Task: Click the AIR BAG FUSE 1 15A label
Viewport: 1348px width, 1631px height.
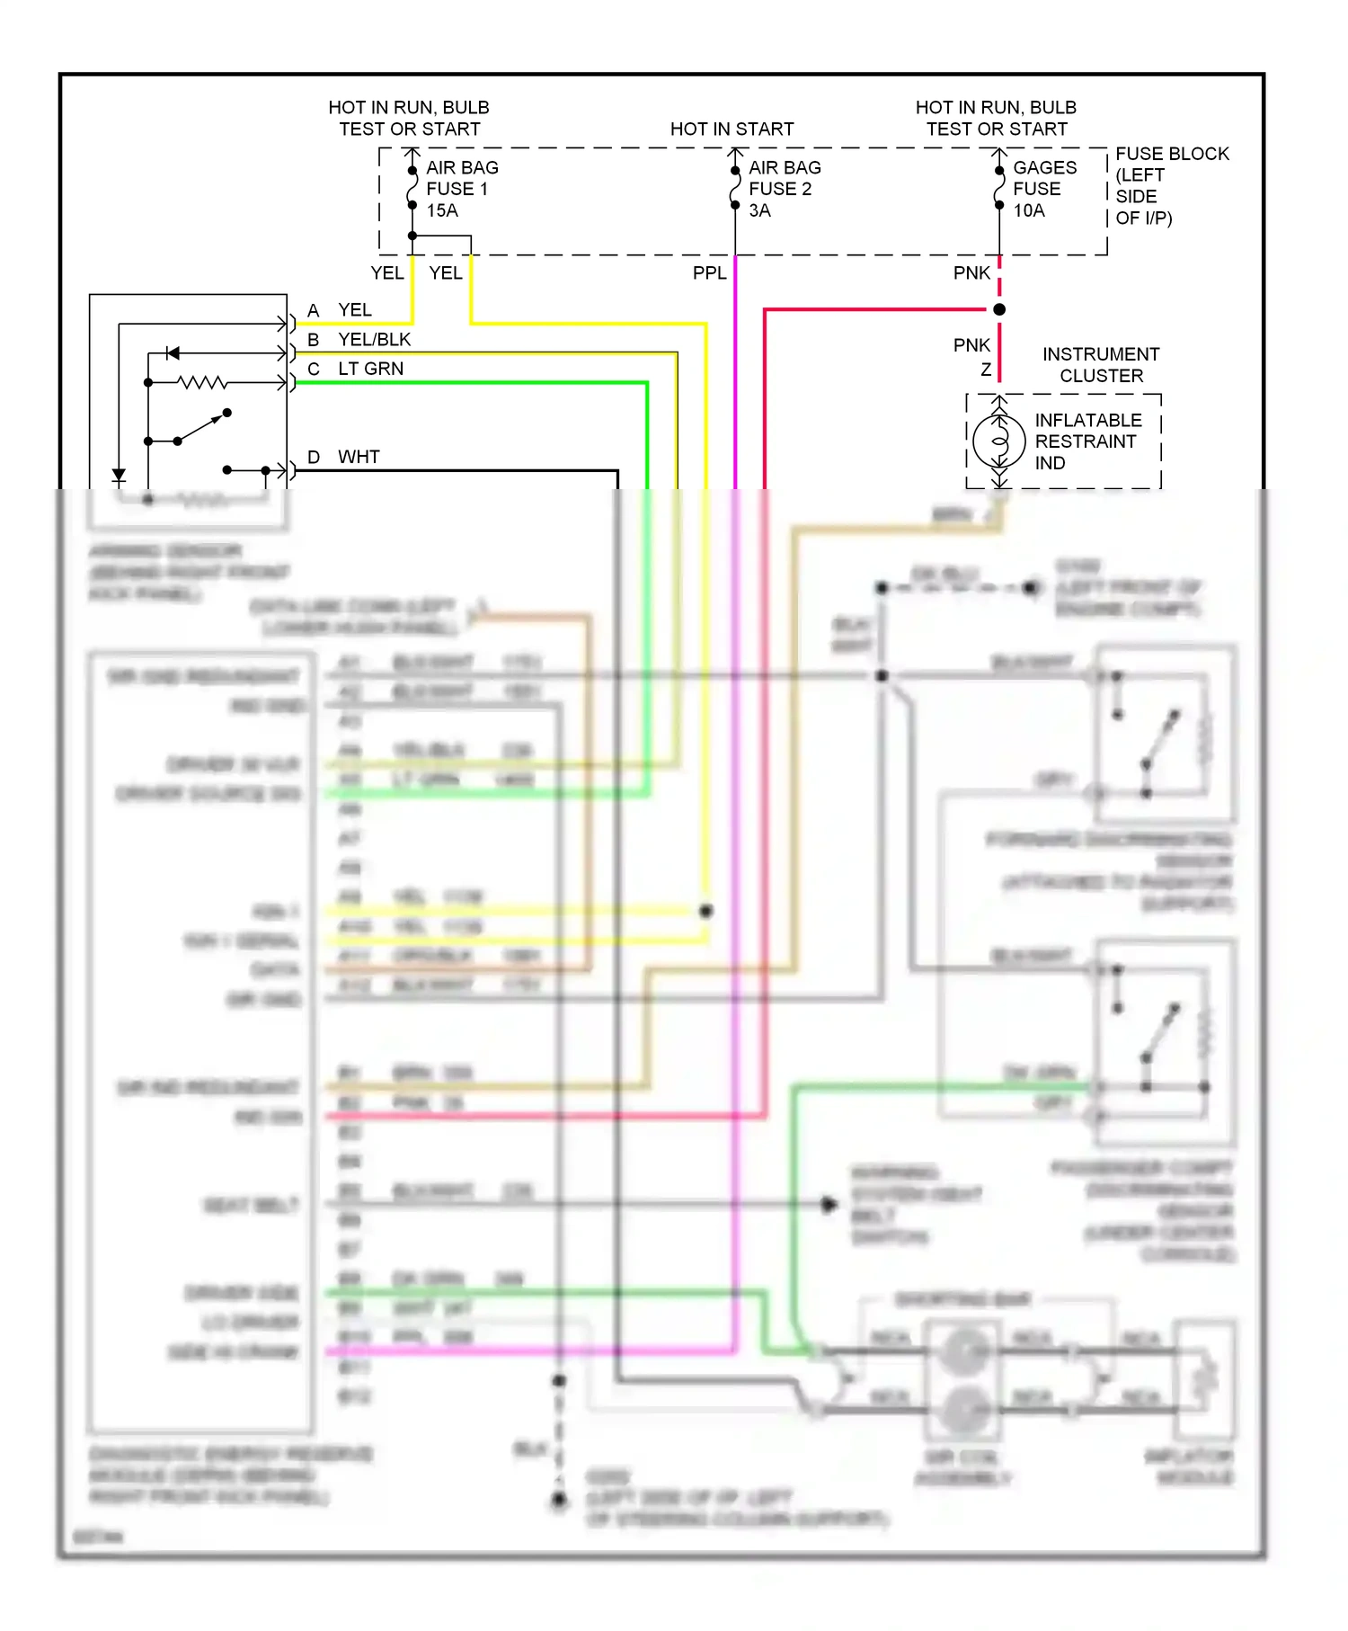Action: click(461, 189)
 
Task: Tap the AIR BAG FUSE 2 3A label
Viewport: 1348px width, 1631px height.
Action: click(784, 189)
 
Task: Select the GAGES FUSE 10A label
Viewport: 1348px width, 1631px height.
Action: click(1043, 189)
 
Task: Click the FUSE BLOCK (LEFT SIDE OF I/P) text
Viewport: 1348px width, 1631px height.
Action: click(1170, 186)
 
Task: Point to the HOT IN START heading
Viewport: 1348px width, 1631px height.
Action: click(732, 129)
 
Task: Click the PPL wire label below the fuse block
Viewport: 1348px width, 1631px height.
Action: click(709, 273)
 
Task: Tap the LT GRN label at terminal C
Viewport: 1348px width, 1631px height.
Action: click(370, 369)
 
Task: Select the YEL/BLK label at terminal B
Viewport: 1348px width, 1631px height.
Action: click(374, 339)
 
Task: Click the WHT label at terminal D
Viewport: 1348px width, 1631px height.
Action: click(359, 457)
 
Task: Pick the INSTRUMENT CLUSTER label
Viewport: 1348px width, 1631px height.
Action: click(1101, 365)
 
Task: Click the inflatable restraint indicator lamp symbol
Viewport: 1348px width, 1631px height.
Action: click(998, 441)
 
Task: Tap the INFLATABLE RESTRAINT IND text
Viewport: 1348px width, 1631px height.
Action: click(1087, 441)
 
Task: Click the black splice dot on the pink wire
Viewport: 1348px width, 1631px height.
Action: click(999, 309)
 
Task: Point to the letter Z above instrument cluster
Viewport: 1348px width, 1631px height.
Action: click(986, 370)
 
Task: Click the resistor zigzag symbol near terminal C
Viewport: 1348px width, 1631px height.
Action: click(202, 383)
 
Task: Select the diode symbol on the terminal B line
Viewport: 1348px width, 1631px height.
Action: click(173, 353)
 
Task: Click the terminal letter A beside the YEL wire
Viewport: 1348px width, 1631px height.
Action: click(313, 310)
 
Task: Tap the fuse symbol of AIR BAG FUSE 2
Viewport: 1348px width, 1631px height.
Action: click(735, 188)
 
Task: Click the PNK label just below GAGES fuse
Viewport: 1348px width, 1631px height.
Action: click(971, 273)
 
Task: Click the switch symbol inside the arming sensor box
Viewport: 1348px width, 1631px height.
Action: click(202, 427)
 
